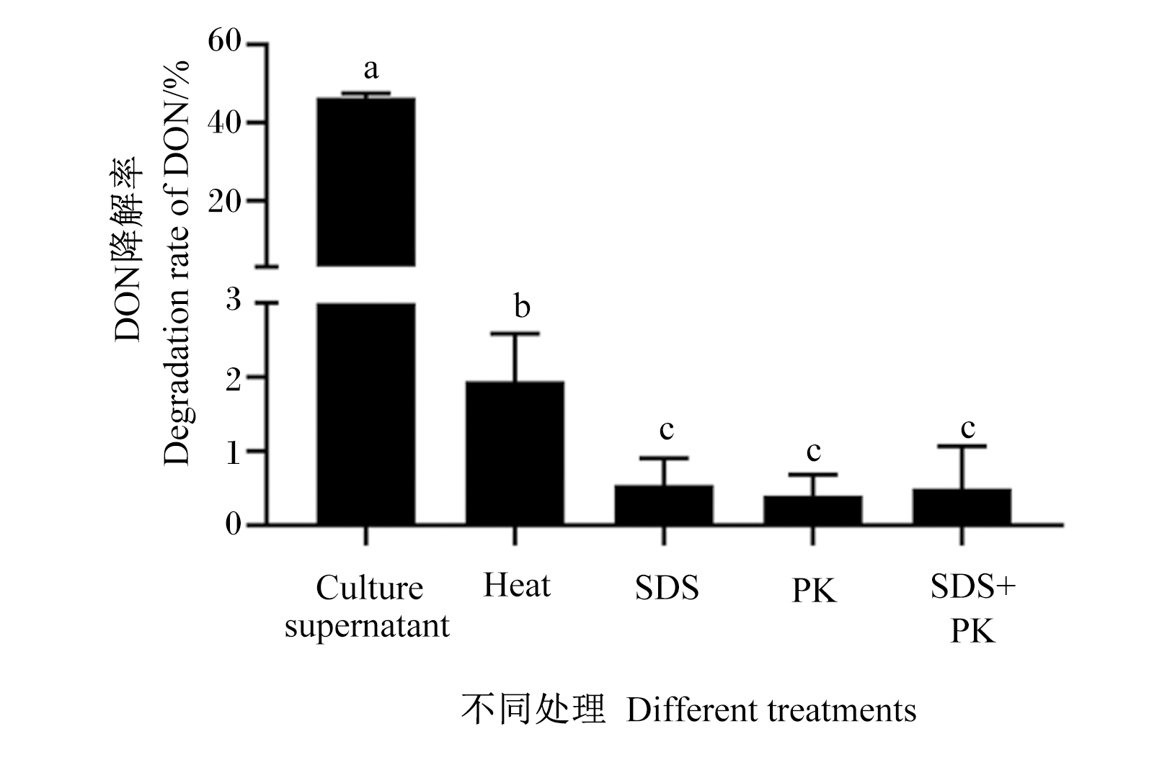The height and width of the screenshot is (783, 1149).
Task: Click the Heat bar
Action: (515, 453)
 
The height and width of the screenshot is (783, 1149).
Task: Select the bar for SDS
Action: (664, 505)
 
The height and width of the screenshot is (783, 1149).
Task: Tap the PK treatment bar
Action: (812, 511)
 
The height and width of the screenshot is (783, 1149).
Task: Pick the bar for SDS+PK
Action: (962, 507)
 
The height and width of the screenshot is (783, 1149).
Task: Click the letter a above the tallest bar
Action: (371, 69)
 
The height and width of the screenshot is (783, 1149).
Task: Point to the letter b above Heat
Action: (522, 306)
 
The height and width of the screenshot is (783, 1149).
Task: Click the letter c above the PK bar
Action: (814, 451)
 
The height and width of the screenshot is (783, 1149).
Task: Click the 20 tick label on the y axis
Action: (224, 202)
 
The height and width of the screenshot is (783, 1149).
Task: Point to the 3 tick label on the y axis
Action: (234, 299)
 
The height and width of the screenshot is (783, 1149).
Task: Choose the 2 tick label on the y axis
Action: (234, 380)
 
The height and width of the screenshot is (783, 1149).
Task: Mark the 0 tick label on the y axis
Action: (234, 524)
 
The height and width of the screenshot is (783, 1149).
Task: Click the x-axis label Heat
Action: (517, 585)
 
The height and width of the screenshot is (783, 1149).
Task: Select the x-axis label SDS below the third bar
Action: (667, 587)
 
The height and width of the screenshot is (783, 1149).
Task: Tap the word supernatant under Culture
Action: (368, 626)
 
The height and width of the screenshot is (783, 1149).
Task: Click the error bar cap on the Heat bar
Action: (515, 334)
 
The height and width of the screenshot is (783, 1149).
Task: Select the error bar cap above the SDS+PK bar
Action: (962, 447)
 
